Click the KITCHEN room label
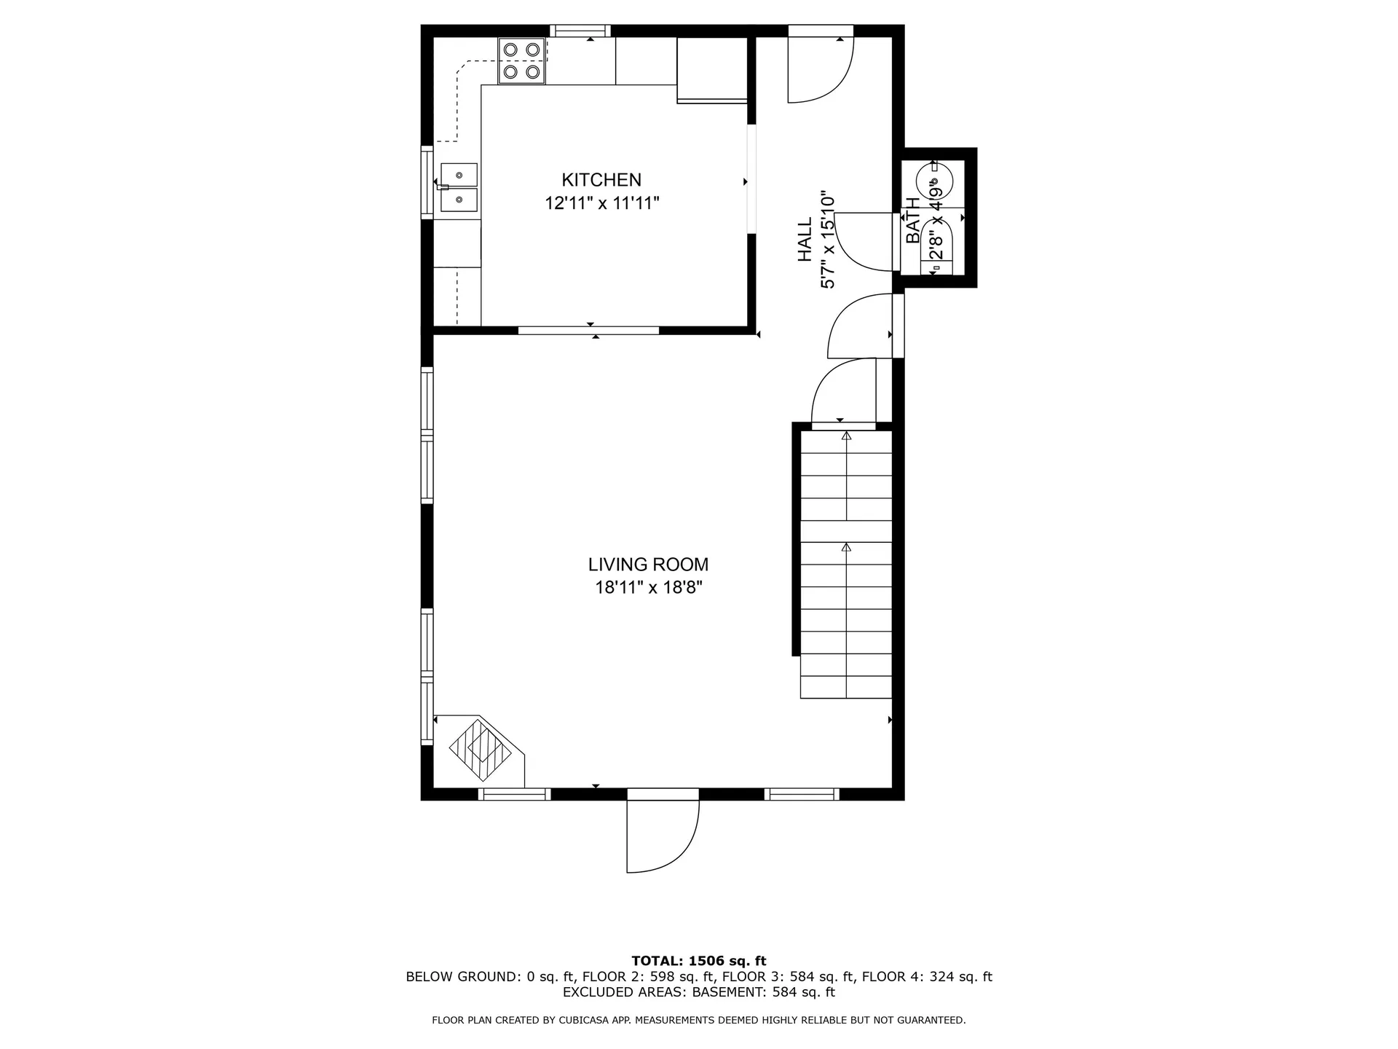(x=601, y=180)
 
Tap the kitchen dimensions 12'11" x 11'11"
(x=601, y=203)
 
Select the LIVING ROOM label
(x=648, y=565)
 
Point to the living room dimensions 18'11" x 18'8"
(x=648, y=587)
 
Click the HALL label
(x=805, y=240)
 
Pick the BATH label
(x=913, y=221)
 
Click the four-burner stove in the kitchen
(x=521, y=61)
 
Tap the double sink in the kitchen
(x=459, y=187)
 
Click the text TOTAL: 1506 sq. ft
(x=698, y=961)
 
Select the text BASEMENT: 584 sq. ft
(x=762, y=992)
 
